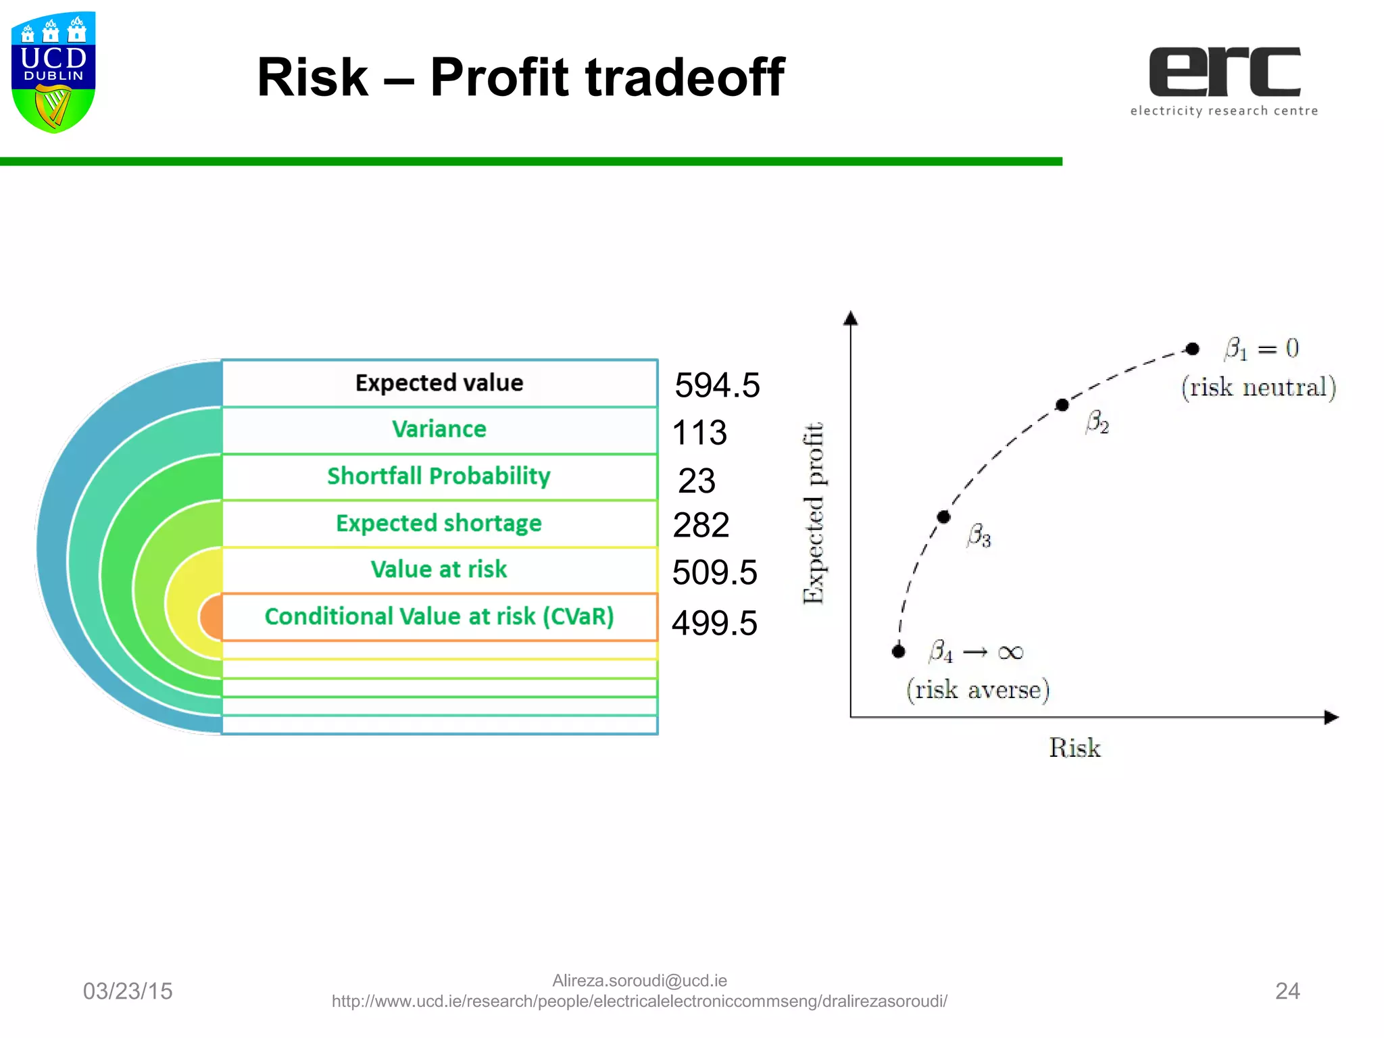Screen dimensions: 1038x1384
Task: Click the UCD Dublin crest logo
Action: pyautogui.click(x=53, y=72)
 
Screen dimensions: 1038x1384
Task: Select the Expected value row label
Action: pyautogui.click(x=439, y=383)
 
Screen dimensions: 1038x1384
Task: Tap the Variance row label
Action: pyautogui.click(x=439, y=429)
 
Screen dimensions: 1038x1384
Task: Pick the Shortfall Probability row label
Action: pyautogui.click(x=439, y=476)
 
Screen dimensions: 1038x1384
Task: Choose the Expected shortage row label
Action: pyautogui.click(x=439, y=523)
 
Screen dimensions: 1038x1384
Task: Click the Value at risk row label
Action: pyautogui.click(x=439, y=570)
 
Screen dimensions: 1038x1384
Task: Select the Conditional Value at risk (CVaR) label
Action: pyautogui.click(x=439, y=616)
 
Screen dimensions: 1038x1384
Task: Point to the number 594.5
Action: pyautogui.click(x=717, y=386)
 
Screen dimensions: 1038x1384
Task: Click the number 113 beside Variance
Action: pyautogui.click(x=699, y=432)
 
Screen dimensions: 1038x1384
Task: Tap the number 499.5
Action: pyautogui.click(x=714, y=623)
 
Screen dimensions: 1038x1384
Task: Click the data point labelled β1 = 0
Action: pyautogui.click(x=1193, y=349)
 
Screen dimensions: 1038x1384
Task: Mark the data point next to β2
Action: pyautogui.click(x=1062, y=405)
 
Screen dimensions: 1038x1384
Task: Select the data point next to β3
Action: pyautogui.click(x=944, y=517)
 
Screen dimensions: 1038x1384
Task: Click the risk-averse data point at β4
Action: pyautogui.click(x=898, y=651)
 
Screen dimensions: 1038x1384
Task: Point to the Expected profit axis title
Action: pyautogui.click(x=814, y=513)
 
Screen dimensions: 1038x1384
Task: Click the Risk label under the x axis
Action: pyautogui.click(x=1074, y=748)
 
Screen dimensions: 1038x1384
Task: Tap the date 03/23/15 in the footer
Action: pyautogui.click(x=128, y=991)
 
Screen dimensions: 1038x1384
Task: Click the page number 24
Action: pyautogui.click(x=1287, y=991)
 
